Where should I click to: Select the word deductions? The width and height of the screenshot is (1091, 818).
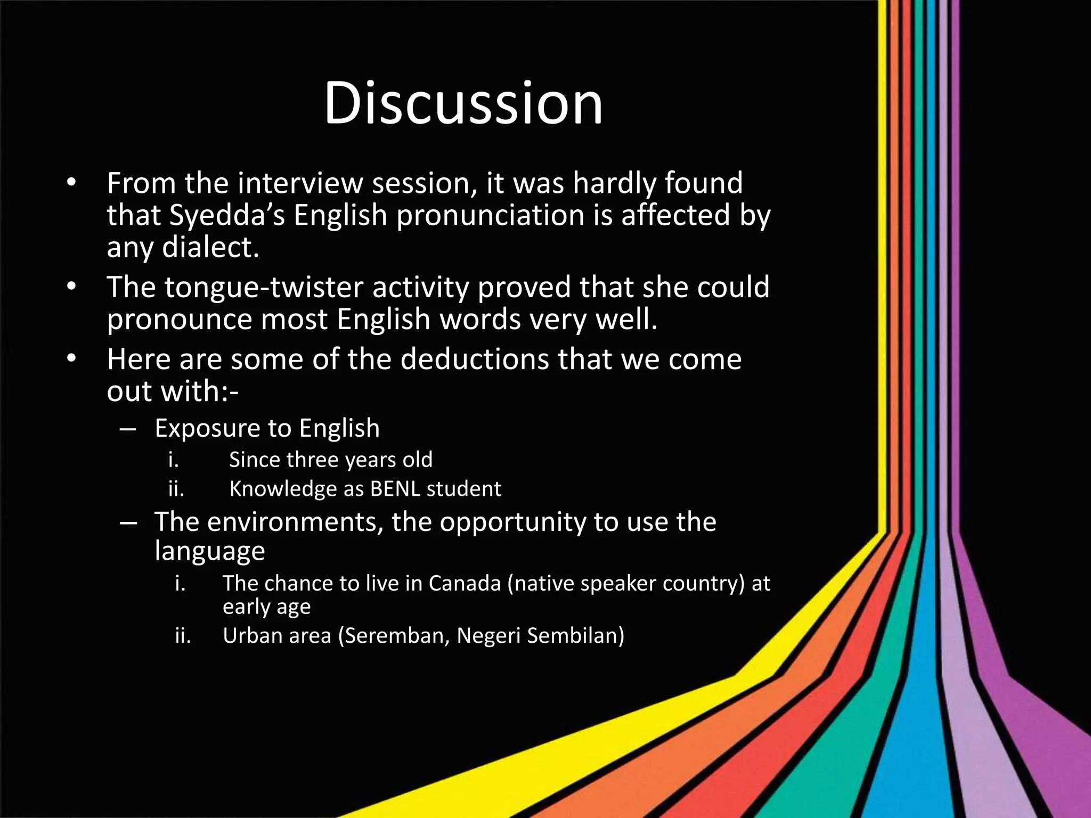tap(475, 359)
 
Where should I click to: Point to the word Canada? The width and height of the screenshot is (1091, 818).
tap(464, 584)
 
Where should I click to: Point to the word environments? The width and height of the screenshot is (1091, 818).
tap(295, 522)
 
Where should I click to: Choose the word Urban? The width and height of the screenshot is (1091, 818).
tap(249, 636)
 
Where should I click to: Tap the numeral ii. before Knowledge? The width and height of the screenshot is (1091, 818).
tap(176, 489)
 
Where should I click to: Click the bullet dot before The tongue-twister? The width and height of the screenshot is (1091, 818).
tap(71, 288)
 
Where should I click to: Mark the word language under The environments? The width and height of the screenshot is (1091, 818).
tap(209, 551)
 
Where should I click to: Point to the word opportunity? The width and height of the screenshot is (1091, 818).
tap(512, 522)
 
